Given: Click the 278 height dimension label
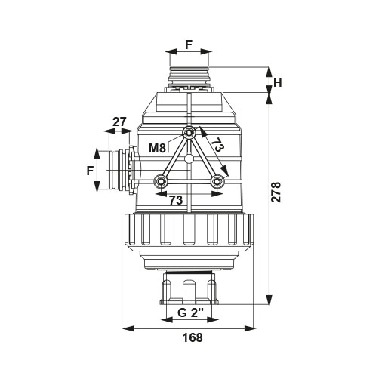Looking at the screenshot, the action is click(276, 192).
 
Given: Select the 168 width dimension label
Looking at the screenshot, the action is click(192, 337).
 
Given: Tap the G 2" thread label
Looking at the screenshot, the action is click(190, 313).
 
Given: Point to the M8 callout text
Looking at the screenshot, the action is click(157, 148).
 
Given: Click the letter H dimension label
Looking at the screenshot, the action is click(278, 82).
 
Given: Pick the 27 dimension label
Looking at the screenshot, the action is click(119, 122).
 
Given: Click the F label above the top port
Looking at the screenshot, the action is click(189, 45).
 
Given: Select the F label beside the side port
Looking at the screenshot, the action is click(90, 171).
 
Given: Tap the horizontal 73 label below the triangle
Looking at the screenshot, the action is click(176, 200).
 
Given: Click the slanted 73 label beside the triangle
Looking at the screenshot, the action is click(217, 145).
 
